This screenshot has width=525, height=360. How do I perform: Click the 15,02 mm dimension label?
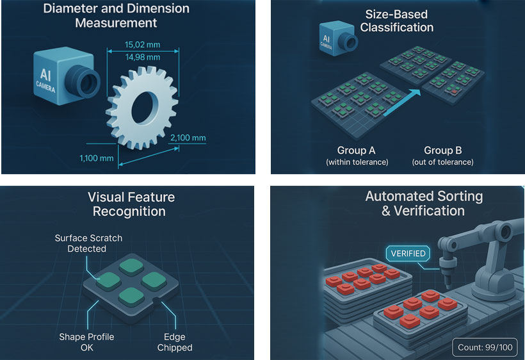[x=142, y=45]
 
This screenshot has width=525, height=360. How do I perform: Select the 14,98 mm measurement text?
[x=143, y=57]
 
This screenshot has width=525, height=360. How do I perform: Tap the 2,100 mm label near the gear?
[x=188, y=138]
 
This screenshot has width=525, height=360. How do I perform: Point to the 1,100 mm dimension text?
[x=97, y=158]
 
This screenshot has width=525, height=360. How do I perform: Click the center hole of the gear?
[x=145, y=108]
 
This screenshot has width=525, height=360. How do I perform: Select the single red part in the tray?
[x=454, y=91]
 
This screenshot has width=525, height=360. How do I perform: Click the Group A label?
[x=356, y=151]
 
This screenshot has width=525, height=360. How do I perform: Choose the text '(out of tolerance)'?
[x=442, y=162]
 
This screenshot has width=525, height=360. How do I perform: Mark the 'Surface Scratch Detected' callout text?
[x=88, y=243]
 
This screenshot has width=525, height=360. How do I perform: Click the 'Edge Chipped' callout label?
[x=175, y=342]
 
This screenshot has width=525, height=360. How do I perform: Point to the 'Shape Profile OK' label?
[x=86, y=342]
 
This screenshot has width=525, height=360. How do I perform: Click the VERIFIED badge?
[x=408, y=254]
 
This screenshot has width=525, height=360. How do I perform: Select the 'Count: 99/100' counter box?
[x=485, y=347]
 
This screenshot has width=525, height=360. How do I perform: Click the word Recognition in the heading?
[x=129, y=211]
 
